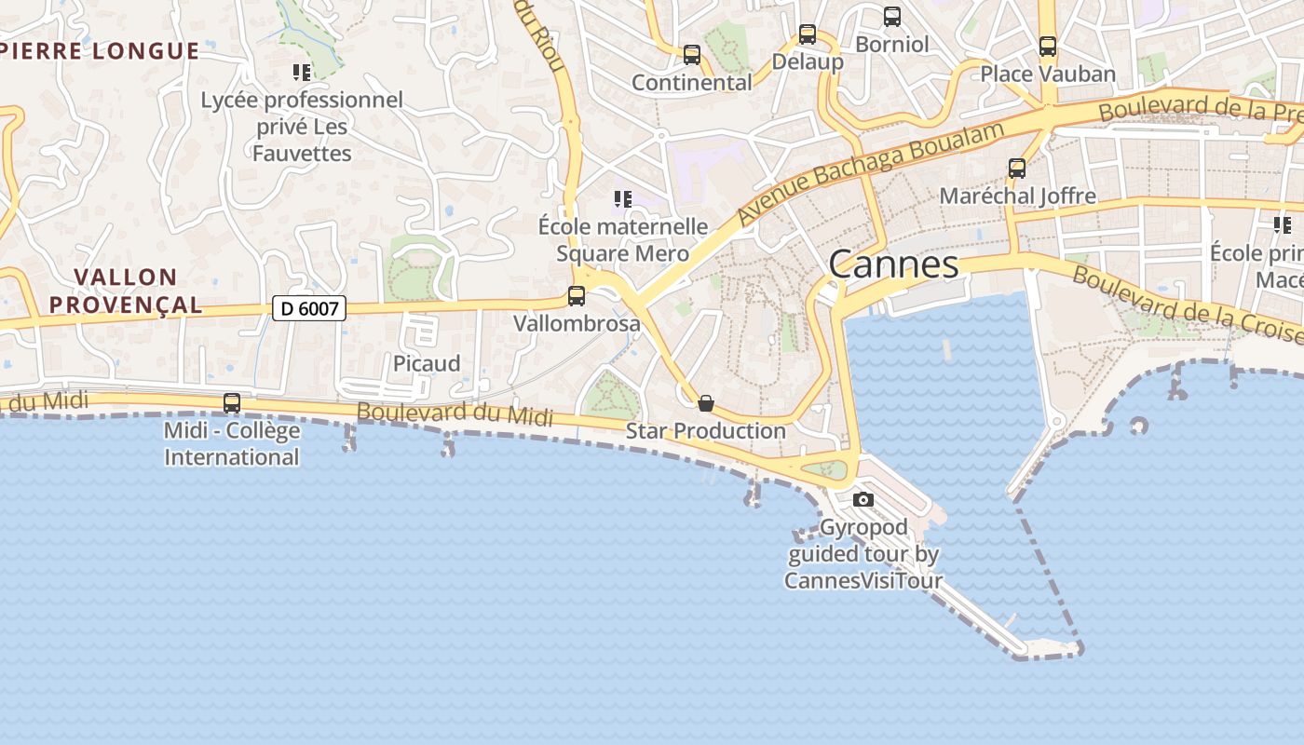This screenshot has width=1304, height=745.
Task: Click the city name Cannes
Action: [x=893, y=264]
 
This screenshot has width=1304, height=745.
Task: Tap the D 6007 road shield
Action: [x=308, y=308]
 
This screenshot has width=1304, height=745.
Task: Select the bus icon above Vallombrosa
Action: [x=577, y=296]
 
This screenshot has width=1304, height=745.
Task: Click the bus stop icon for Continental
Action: [x=691, y=55]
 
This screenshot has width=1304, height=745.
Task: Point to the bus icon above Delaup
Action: [x=808, y=34]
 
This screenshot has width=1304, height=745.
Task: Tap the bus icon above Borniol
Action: [x=892, y=16]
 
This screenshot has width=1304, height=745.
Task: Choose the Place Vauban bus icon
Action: [x=1048, y=46]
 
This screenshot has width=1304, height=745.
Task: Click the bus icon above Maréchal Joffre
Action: [x=1017, y=169]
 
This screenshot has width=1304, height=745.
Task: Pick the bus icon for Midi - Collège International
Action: [x=232, y=403]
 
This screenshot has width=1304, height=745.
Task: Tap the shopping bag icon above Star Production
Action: [x=706, y=403]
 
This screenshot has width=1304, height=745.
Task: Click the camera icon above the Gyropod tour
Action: [x=863, y=500]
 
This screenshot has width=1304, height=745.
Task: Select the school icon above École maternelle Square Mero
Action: [x=623, y=198]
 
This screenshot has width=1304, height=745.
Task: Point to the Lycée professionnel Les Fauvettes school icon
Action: [x=302, y=72]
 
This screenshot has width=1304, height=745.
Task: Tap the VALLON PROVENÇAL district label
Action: [x=126, y=291]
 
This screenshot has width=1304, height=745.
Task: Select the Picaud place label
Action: [x=427, y=363]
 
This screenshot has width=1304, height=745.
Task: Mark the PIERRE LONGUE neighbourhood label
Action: [x=100, y=51]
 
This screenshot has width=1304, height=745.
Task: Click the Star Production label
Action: [x=705, y=431]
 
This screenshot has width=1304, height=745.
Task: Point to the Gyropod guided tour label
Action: [x=863, y=554]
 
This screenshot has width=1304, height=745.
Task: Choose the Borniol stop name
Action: [x=892, y=44]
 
